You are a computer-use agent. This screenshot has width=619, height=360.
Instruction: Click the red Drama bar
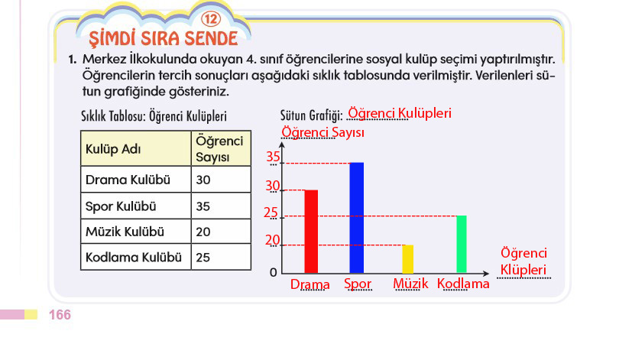[x=311, y=232]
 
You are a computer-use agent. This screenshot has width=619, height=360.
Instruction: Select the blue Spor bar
[x=356, y=218]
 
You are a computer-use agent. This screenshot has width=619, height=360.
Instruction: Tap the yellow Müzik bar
[x=408, y=259]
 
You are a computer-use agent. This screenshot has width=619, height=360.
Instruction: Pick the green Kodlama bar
[x=462, y=244]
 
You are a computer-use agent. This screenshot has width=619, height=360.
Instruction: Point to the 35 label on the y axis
[x=273, y=157]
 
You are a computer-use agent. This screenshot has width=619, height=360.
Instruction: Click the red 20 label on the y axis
[x=272, y=240]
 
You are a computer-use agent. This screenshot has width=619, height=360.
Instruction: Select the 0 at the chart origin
[x=273, y=273]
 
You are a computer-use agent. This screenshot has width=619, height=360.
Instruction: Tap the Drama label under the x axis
[x=310, y=284]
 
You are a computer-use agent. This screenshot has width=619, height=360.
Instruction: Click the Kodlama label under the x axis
[x=463, y=284]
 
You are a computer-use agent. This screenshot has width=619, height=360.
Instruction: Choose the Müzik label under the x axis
[x=410, y=284]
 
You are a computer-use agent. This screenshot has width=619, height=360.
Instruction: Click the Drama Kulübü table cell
[x=136, y=179]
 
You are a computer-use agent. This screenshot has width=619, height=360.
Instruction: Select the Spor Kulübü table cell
[x=136, y=206]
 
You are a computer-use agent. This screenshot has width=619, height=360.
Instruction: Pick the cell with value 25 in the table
[x=221, y=257]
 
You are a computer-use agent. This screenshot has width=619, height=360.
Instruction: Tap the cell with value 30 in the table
[x=221, y=179]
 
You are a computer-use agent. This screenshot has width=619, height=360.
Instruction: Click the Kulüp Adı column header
[x=136, y=148]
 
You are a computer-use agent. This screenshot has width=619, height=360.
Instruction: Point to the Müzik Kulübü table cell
[x=136, y=232]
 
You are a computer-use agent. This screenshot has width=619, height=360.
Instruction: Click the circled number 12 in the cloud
[x=211, y=18]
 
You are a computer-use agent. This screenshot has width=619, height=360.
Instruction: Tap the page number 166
[x=60, y=315]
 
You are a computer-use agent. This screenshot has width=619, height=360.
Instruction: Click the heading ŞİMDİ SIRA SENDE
[x=163, y=38]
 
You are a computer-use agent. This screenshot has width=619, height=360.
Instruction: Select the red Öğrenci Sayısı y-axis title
[x=323, y=132]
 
